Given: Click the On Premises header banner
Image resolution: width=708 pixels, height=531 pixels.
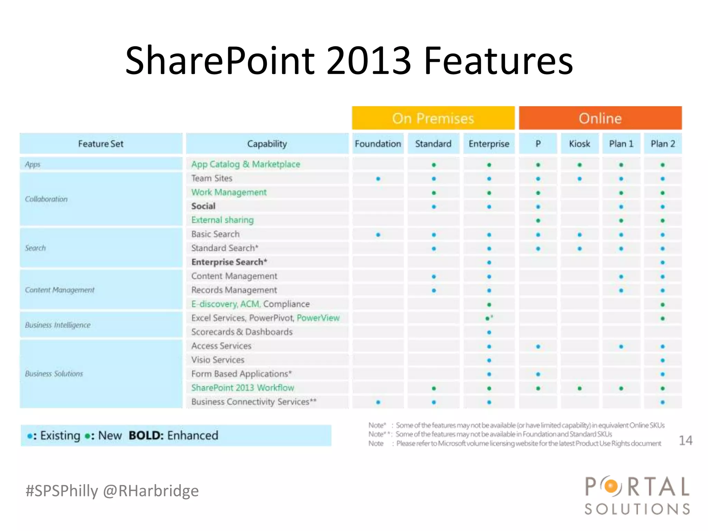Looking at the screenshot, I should [x=433, y=118].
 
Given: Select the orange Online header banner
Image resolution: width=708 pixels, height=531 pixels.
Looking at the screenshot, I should [x=600, y=118].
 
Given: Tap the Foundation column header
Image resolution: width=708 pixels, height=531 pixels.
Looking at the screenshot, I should [x=378, y=143].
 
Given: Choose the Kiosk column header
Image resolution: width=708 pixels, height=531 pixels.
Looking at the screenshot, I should [x=579, y=143].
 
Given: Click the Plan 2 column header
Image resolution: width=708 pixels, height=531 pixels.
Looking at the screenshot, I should [x=663, y=143].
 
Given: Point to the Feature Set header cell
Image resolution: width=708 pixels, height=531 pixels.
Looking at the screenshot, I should [x=101, y=143].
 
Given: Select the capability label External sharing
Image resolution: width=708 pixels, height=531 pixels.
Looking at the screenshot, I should [x=223, y=220].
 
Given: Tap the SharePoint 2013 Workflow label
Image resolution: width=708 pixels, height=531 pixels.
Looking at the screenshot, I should [x=243, y=388].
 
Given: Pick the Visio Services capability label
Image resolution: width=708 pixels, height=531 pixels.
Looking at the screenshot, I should [x=218, y=360].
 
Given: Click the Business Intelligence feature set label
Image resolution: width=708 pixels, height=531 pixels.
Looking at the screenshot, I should [x=58, y=325].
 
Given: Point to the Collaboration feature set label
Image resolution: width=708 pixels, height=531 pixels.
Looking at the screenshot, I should [x=46, y=199].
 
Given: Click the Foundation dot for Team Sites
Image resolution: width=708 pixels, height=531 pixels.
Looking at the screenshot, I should [x=378, y=179].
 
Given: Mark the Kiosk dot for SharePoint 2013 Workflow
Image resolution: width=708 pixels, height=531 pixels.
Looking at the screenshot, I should [x=580, y=388].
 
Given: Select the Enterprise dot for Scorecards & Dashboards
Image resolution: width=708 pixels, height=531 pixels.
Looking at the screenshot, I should [x=489, y=333].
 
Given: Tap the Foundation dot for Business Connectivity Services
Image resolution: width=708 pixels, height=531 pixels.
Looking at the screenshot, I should [x=378, y=402].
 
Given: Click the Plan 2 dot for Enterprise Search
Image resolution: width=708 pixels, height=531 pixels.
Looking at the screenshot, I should [x=663, y=262].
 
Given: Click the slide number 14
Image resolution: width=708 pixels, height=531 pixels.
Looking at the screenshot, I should [x=686, y=440].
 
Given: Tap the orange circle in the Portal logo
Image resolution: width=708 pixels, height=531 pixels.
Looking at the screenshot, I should [x=611, y=486].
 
